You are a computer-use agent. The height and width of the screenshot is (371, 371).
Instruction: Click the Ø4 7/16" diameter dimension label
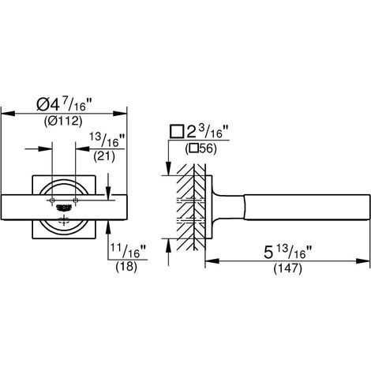(64, 104)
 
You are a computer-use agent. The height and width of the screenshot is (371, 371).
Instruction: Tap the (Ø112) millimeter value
(63, 121)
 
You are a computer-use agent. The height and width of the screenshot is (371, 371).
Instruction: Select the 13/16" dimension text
(107, 141)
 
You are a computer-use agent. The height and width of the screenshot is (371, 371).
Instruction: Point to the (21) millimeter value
(104, 156)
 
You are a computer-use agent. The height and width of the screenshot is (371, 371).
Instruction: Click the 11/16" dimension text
(128, 251)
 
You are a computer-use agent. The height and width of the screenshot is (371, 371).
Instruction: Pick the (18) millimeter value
(126, 267)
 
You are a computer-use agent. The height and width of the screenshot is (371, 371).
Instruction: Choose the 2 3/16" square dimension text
(200, 132)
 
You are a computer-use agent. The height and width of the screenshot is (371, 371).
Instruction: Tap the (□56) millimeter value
(200, 149)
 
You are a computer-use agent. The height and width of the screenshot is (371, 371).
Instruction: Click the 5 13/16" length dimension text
(287, 253)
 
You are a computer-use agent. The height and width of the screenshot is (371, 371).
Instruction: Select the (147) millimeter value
(287, 268)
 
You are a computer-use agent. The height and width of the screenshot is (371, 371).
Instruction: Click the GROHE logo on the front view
(64, 208)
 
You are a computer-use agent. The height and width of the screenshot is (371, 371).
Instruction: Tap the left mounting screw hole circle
(52, 200)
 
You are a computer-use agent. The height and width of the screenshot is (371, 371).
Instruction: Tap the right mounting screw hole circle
(76, 200)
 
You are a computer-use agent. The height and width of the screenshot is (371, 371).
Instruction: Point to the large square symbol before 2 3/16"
(177, 132)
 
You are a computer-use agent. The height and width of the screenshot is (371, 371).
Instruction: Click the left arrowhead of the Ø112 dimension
(8, 114)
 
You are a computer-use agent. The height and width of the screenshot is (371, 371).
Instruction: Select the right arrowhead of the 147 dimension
(363, 261)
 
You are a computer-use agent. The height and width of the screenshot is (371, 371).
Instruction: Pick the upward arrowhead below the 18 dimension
(108, 227)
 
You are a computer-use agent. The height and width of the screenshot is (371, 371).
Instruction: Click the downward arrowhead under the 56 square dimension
(168, 169)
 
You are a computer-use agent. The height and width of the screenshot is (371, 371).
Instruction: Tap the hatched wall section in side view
(191, 207)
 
